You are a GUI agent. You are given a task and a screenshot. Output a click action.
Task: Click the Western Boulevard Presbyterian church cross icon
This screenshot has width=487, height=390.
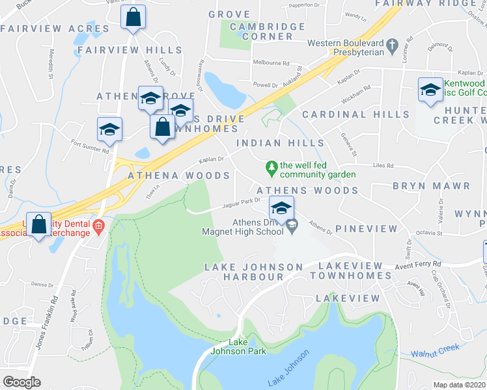(392, 45)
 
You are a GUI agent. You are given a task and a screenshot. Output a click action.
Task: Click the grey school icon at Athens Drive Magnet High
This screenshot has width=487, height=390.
(292, 227)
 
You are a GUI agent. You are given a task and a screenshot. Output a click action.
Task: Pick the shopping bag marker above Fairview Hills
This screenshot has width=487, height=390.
(133, 19)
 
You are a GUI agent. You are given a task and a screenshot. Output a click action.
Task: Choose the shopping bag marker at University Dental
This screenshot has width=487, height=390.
(39, 224)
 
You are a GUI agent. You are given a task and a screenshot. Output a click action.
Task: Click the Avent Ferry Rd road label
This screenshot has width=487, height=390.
(419, 265)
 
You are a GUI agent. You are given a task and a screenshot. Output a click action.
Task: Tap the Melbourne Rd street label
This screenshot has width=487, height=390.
(271, 63)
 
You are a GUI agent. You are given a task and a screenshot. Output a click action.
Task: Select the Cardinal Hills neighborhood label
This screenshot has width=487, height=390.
(355, 114)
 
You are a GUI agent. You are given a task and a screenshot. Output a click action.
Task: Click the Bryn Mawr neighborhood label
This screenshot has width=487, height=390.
(431, 186)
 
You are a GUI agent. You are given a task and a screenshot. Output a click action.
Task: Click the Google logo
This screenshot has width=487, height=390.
(21, 382)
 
